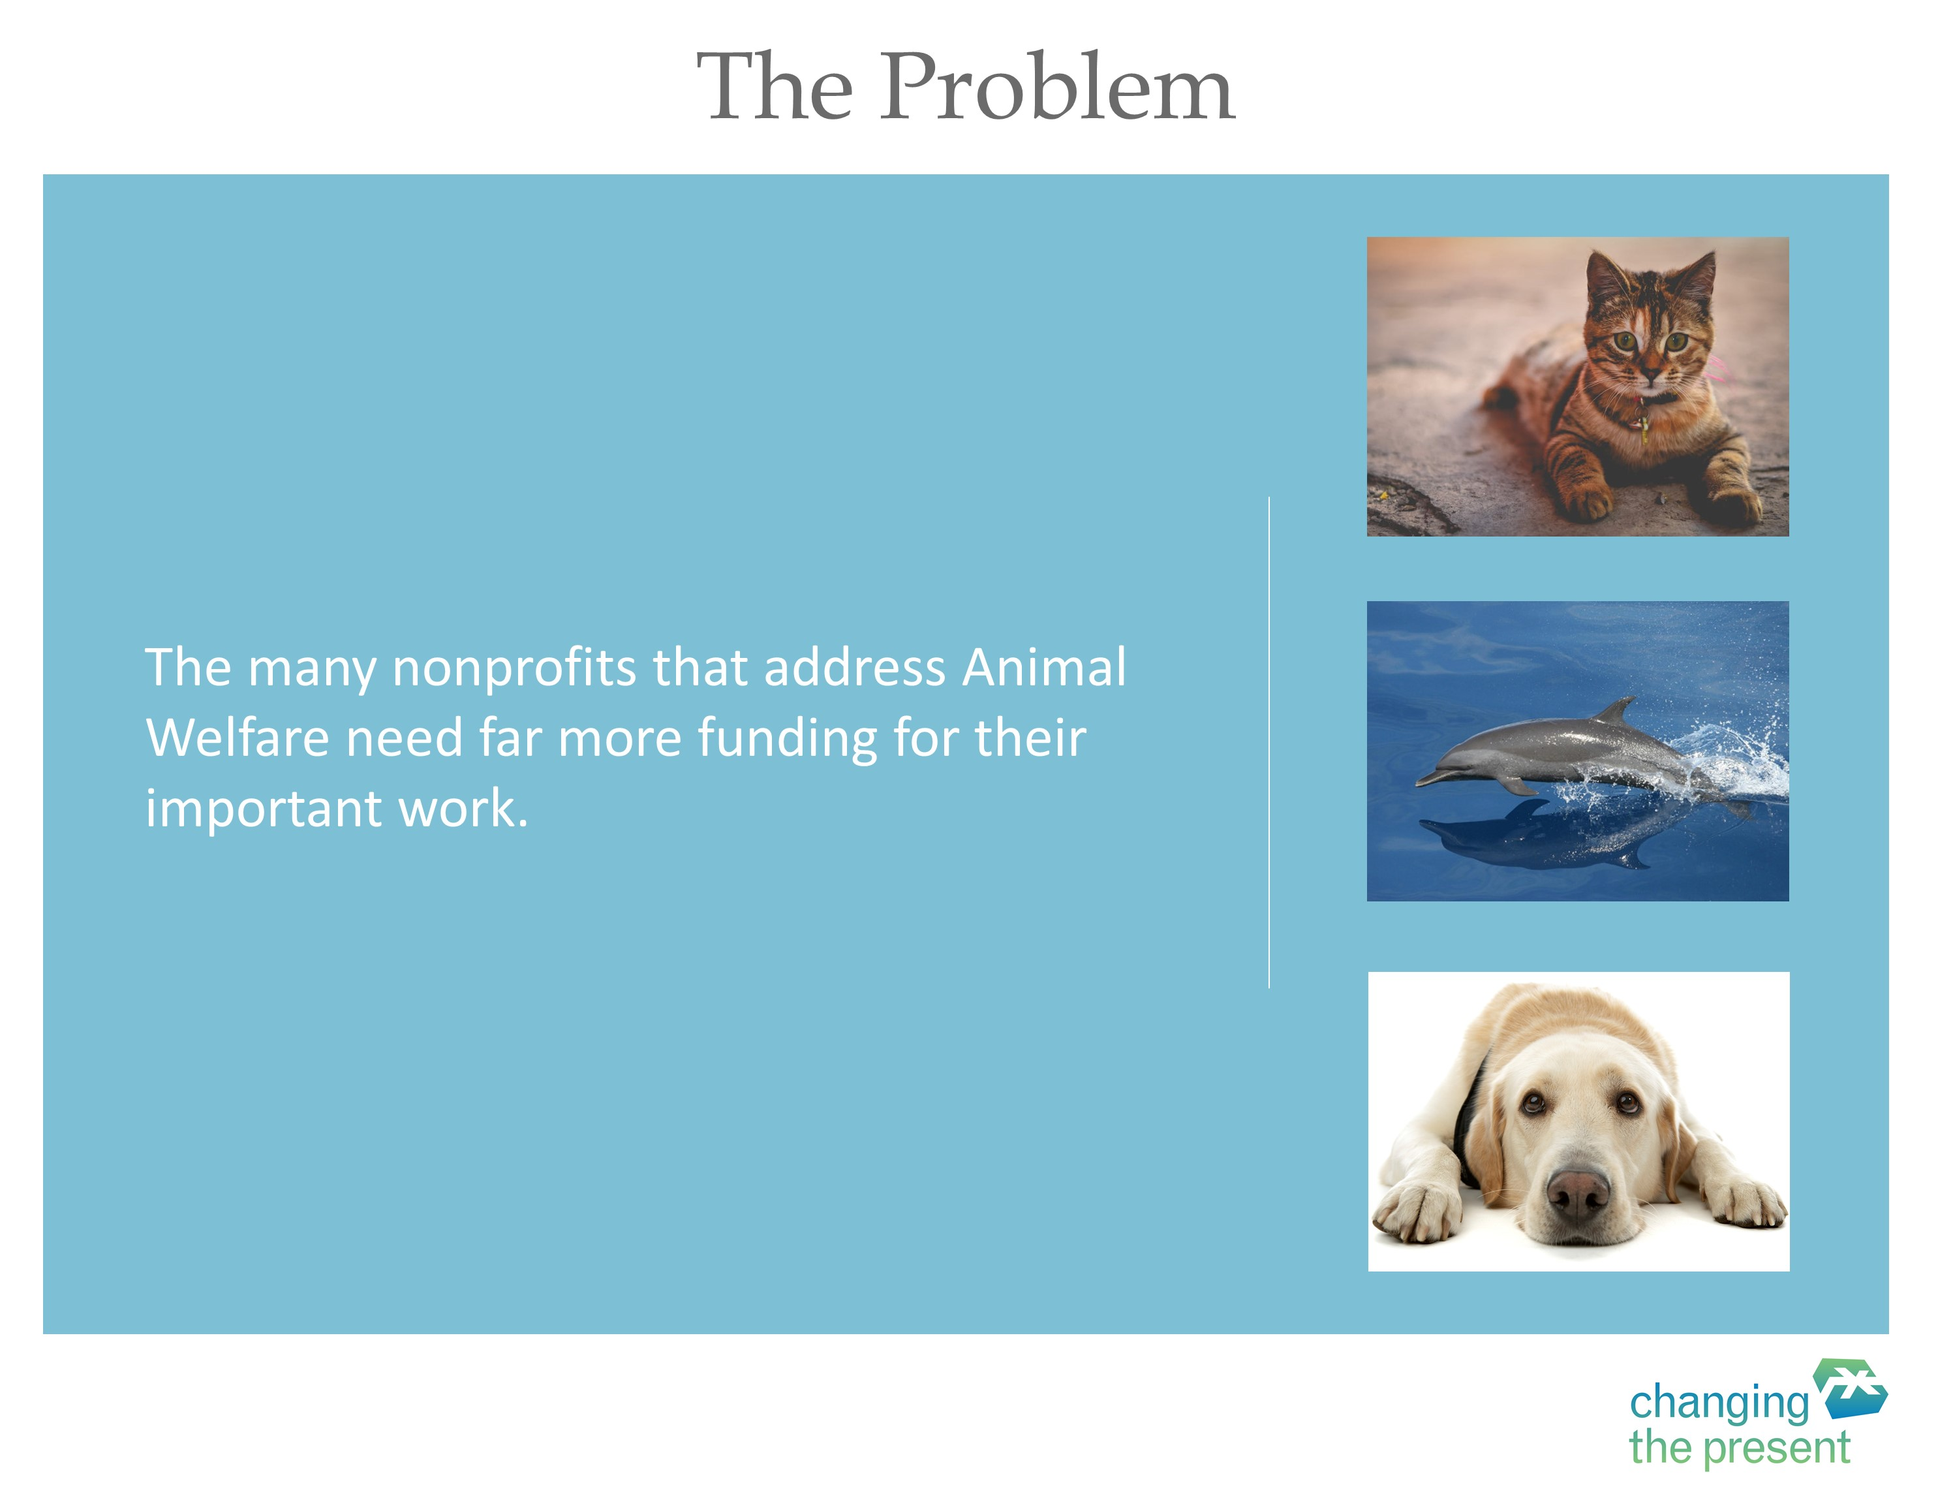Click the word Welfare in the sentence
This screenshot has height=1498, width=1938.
coord(238,738)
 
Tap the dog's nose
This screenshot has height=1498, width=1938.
coord(1578,1193)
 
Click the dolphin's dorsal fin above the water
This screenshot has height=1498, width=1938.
coord(1617,710)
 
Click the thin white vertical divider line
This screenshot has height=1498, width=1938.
coord(1269,742)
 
